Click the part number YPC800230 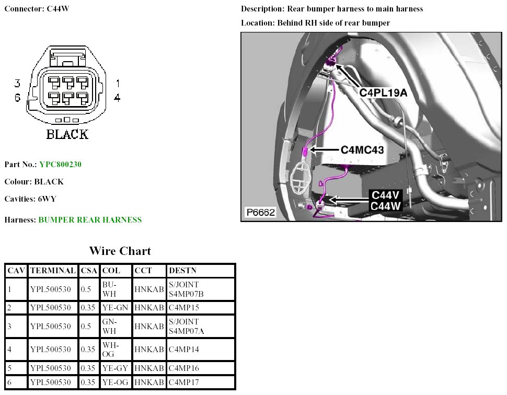60,165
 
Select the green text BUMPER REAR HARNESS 90,220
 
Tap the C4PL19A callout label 383,92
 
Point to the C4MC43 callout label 362,150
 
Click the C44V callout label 385,195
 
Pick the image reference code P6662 260,213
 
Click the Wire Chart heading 120,251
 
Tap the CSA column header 89,271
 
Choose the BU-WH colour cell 109,289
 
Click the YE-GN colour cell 114,308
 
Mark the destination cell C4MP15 184,308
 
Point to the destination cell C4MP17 184,383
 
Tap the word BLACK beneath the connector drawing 67,134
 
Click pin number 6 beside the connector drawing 17,97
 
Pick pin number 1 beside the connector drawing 118,83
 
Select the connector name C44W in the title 58,9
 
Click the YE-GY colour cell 114,368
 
